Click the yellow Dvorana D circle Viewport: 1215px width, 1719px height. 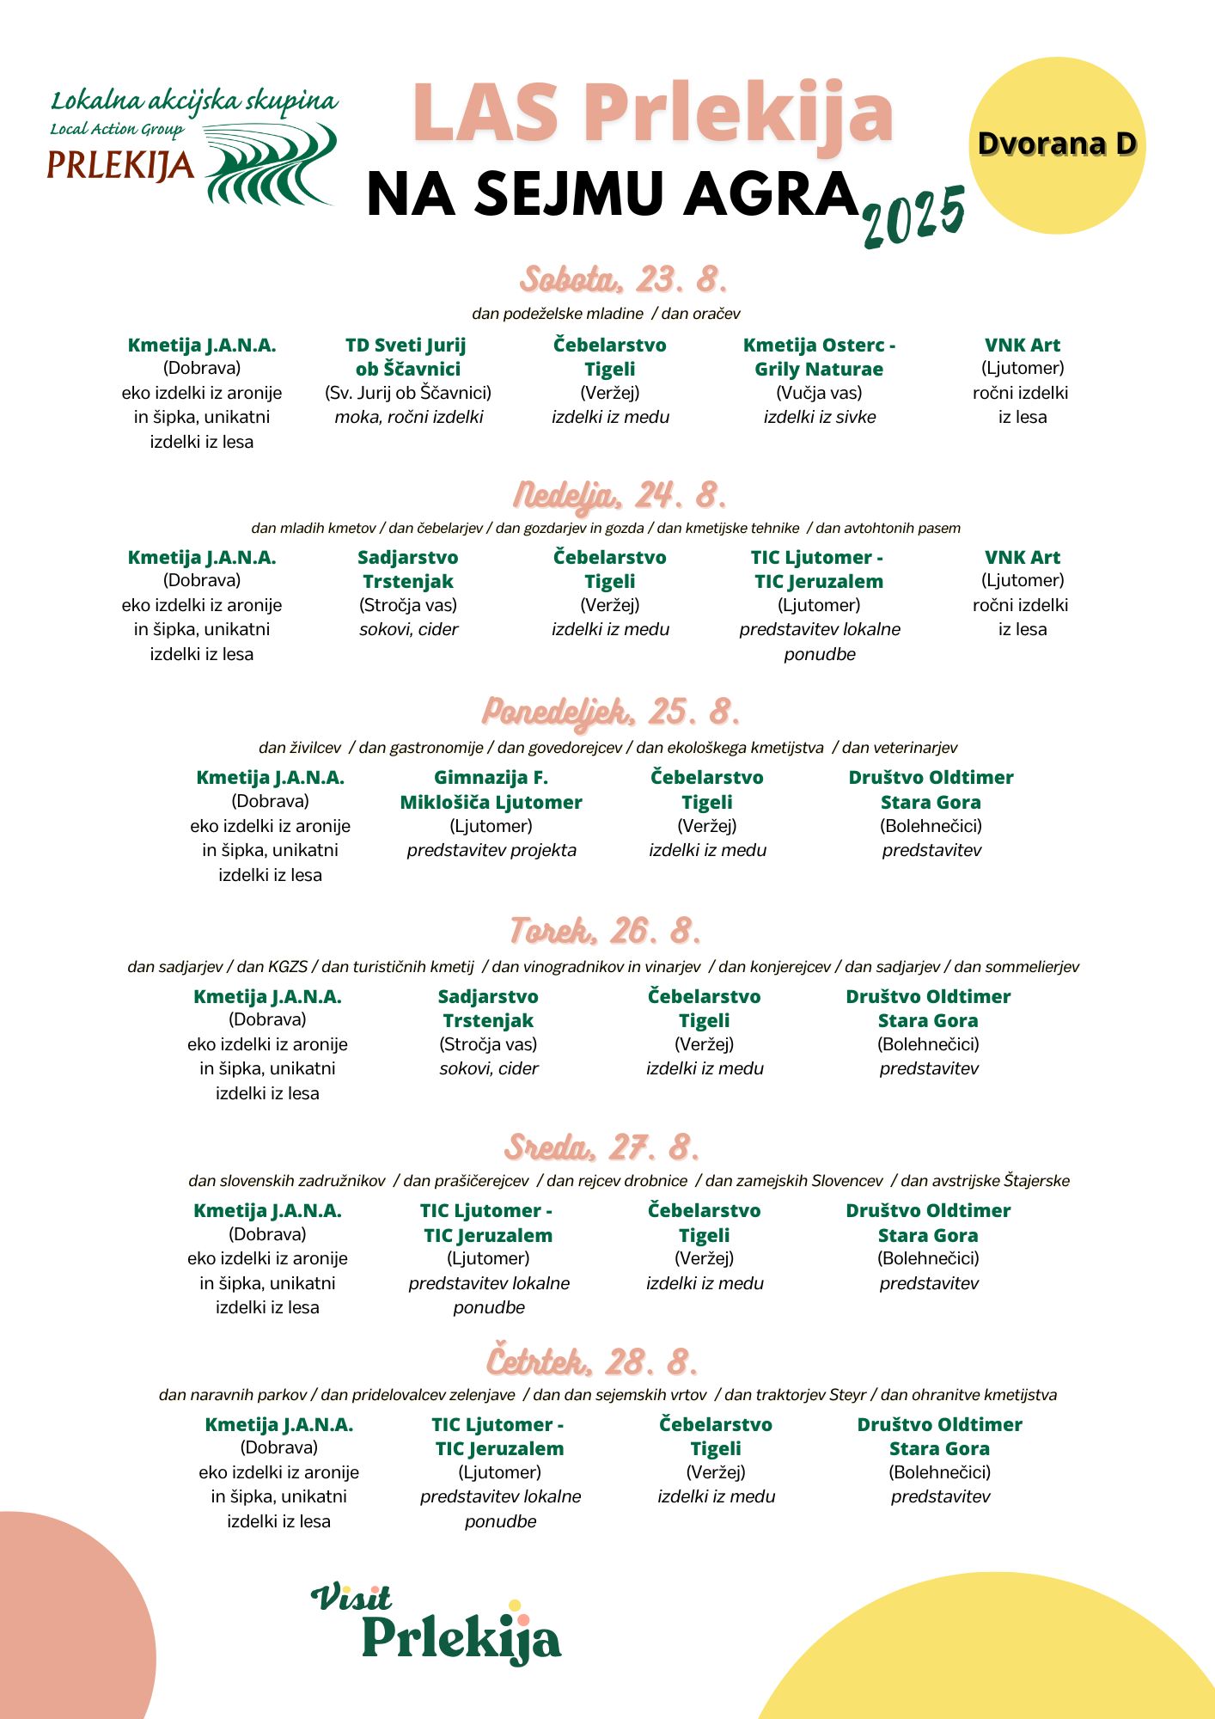coord(1057,145)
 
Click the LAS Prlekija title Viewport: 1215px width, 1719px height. coord(652,113)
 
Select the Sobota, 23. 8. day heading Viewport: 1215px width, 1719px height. coord(623,279)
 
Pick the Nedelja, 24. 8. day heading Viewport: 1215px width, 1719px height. coord(620,495)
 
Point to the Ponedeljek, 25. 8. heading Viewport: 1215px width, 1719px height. coord(610,712)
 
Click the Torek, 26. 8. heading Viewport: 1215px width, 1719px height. coord(606,931)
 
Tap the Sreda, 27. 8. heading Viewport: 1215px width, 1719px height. coord(602,1147)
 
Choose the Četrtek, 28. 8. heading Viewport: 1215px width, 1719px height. coord(592,1361)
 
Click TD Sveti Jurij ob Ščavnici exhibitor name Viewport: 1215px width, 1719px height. coord(407,357)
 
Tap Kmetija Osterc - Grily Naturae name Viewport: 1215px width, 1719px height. coord(819,357)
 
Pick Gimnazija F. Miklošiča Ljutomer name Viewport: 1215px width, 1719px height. coord(491,789)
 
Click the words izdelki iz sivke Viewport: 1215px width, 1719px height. coord(819,417)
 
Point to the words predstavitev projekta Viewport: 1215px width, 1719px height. coord(491,850)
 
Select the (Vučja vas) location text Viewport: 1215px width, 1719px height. coord(819,393)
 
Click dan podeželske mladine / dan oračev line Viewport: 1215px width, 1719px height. coord(606,314)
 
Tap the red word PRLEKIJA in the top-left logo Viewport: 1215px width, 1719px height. coord(120,166)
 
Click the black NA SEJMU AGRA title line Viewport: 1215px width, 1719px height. coord(613,193)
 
